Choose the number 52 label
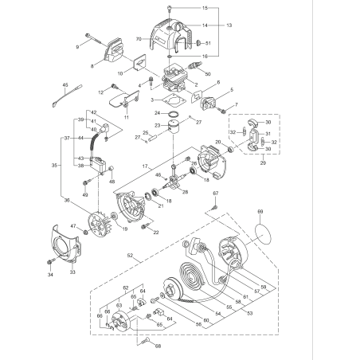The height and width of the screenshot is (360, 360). click(x=128, y=257)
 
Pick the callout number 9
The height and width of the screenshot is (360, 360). click(x=78, y=47)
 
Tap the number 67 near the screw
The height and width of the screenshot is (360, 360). click(x=215, y=194)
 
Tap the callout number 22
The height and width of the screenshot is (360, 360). click(x=155, y=232)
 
